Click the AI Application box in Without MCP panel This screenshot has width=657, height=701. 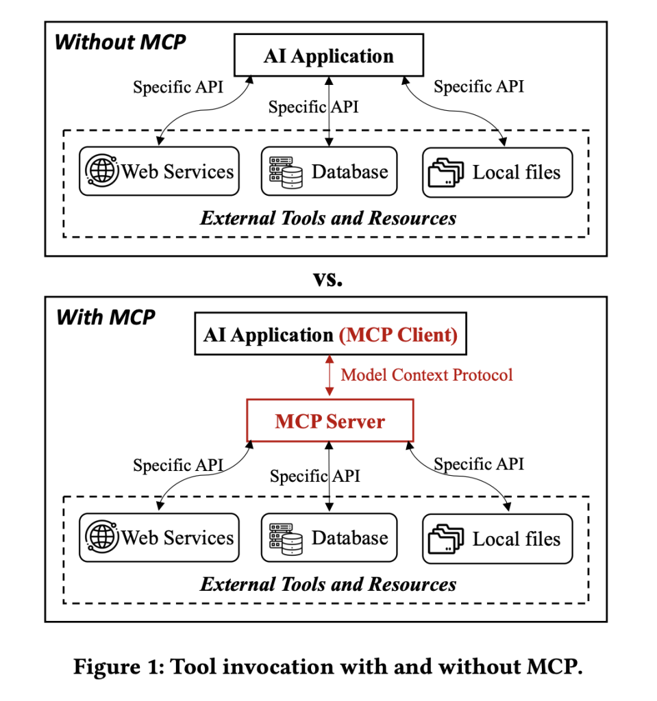coord(329,56)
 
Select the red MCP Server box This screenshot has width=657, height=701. coord(330,421)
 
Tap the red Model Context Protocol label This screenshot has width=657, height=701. coord(427,374)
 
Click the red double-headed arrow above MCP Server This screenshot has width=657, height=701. coord(330,375)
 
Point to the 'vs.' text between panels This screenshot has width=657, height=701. coord(327,278)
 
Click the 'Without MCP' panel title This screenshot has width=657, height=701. coord(120,42)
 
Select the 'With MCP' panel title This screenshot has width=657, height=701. coord(106,318)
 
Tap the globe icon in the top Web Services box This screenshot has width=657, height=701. coord(102,171)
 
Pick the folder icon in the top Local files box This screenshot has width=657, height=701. coord(446,173)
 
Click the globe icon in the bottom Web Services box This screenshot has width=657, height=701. coord(102,538)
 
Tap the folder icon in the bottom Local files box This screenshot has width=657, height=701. coord(446,539)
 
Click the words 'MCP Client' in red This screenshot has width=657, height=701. coord(398,335)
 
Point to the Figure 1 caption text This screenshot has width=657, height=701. coord(328,667)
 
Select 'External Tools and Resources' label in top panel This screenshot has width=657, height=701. coord(328,218)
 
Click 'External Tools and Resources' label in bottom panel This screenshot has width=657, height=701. coord(328,585)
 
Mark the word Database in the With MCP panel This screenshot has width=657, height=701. coord(349,538)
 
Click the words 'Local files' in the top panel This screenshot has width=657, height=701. coord(516,173)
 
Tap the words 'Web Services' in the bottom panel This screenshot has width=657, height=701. coord(177,538)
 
